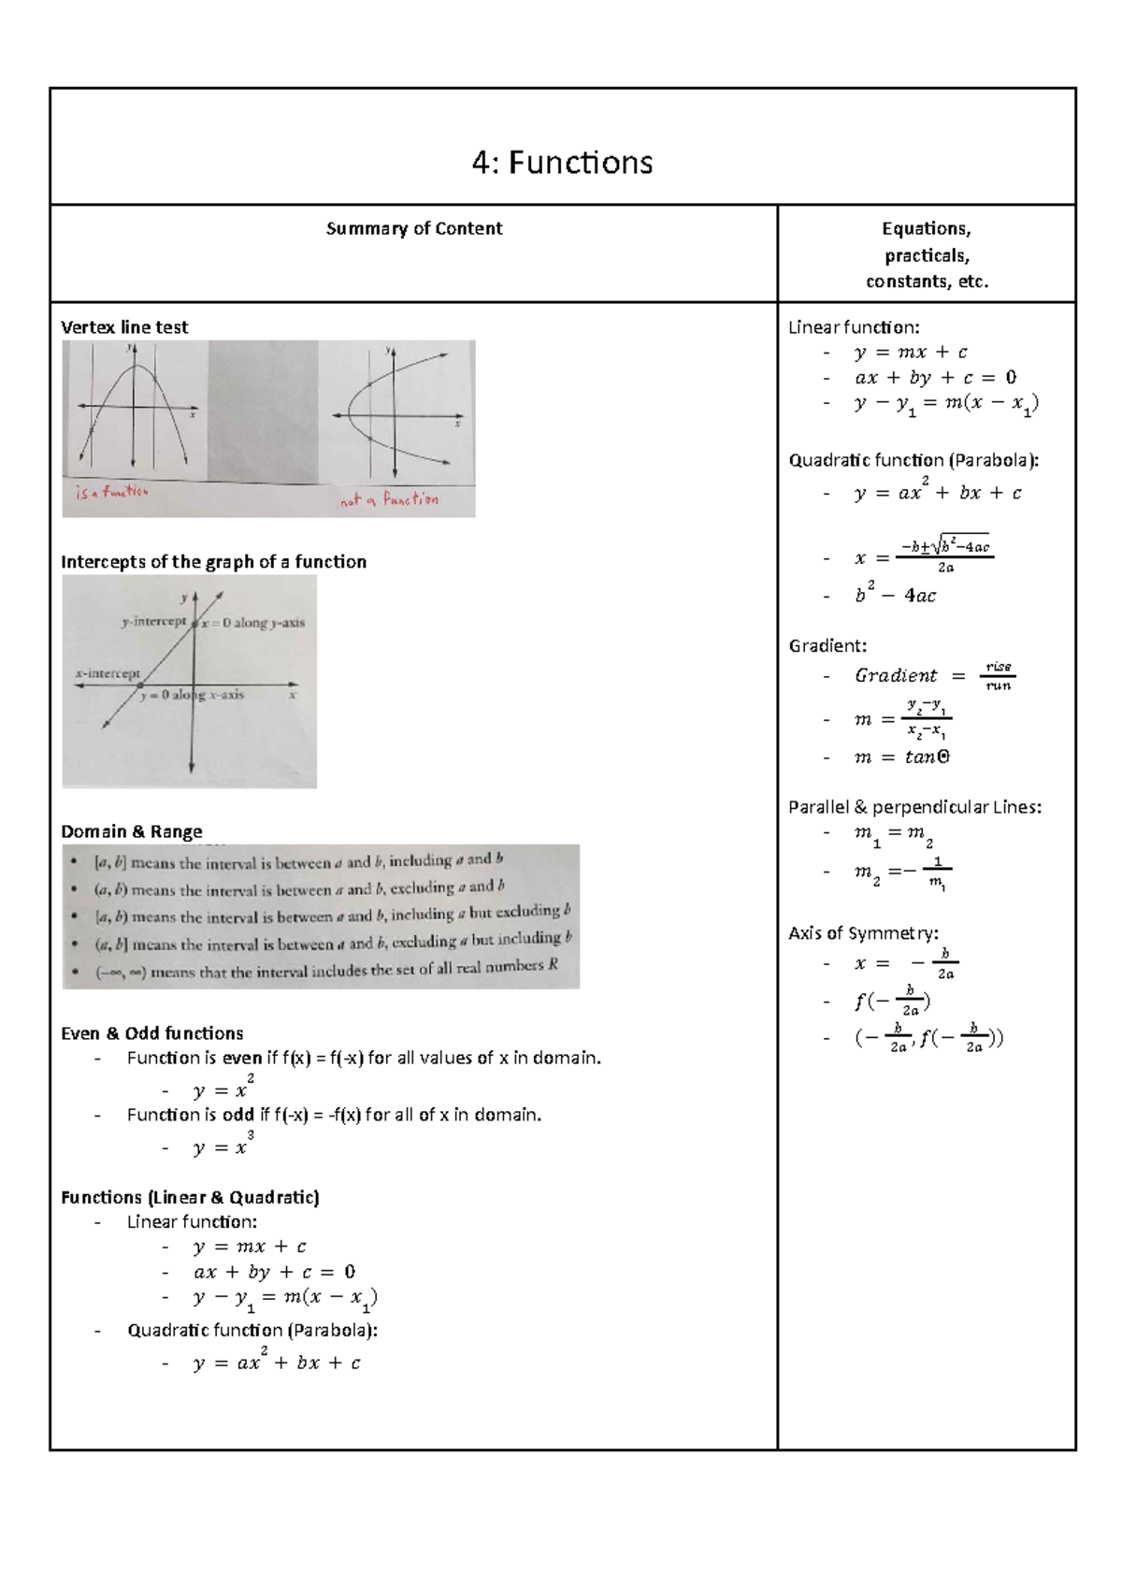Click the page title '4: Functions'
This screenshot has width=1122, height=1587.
tap(562, 163)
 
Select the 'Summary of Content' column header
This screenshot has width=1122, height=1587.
tap(414, 229)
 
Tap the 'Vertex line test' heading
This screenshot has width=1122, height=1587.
tap(124, 327)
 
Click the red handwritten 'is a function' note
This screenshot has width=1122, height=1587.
tap(111, 492)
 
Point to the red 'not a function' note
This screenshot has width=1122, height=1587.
tap(389, 500)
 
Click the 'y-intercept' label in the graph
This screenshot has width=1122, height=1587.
tap(154, 621)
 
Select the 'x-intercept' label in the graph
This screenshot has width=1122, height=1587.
tap(108, 672)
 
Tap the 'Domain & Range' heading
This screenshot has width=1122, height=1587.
tap(132, 831)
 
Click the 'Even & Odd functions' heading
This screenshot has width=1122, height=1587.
tap(152, 1033)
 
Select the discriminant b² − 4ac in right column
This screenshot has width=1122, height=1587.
tap(895, 594)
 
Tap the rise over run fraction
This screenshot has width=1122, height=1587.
tap(998, 675)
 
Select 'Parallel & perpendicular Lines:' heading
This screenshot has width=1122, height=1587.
tap(914, 807)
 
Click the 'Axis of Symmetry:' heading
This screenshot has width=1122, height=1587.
tap(863, 932)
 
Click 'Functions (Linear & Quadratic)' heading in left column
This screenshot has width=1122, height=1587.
tap(190, 1197)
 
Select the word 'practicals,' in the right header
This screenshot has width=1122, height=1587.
tap(927, 255)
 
